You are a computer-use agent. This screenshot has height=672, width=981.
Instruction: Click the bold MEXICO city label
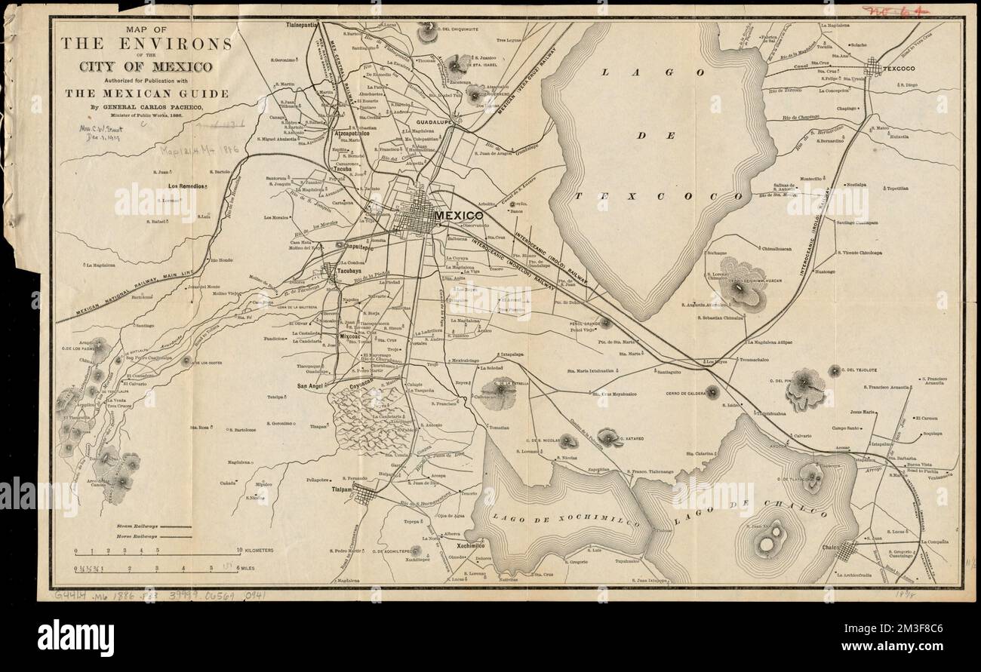[x=458, y=215]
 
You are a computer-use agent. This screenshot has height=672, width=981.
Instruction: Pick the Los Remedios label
[x=188, y=185]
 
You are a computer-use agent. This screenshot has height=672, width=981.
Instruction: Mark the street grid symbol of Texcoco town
[x=878, y=68]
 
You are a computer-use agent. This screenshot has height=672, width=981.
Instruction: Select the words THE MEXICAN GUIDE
[x=146, y=94]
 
